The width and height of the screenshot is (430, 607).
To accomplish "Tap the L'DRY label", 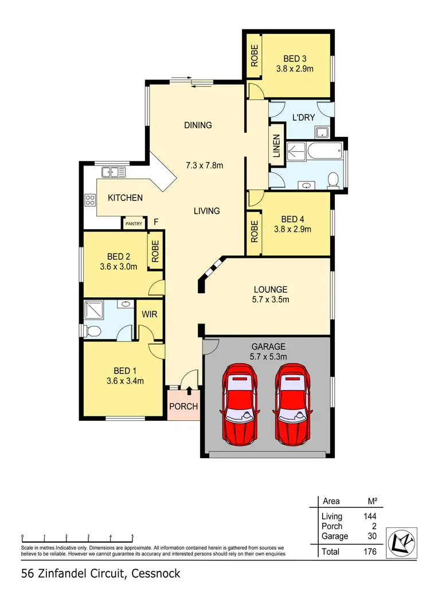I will pyautogui.click(x=303, y=117).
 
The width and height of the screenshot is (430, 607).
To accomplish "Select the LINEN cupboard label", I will pyautogui.click(x=277, y=147).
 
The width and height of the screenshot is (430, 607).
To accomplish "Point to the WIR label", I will pyautogui.click(x=150, y=314).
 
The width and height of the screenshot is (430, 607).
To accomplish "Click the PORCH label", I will pyautogui.click(x=183, y=407).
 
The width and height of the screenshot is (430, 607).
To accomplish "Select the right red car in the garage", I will pyautogui.click(x=295, y=404).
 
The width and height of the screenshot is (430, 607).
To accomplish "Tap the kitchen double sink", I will pyautogui.click(x=114, y=171).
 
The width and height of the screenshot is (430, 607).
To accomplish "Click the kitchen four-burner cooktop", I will pyautogui.click(x=90, y=200).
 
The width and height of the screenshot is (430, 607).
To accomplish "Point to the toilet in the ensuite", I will pyautogui.click(x=93, y=330).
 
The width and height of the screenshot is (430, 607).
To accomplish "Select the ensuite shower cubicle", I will pyautogui.click(x=93, y=310).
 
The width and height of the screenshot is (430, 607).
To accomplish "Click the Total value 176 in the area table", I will pyautogui.click(x=369, y=552).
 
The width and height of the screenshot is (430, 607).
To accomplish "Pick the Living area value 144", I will pyautogui.click(x=369, y=517).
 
